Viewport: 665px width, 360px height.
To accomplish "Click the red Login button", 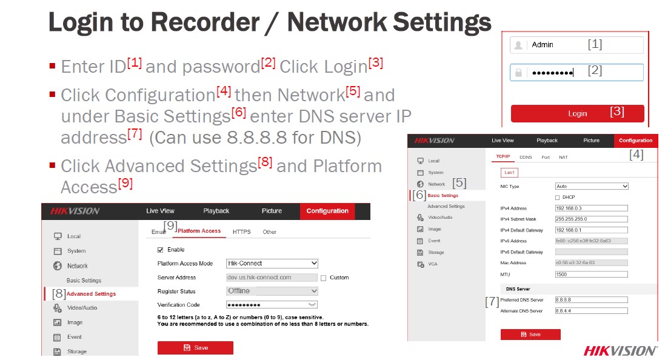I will point(576,113).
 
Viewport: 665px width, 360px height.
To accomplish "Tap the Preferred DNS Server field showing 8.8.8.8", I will point(591,300).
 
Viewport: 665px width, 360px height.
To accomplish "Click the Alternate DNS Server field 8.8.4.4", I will point(591,311).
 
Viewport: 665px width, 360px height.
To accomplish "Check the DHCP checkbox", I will point(558,198).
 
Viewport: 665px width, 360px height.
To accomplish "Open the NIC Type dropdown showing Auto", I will point(592,187).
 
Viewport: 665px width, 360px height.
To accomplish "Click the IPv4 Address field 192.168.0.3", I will point(591,208).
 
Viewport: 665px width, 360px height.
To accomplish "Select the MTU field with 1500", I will point(591,275).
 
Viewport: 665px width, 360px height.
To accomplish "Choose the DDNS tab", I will point(526,158).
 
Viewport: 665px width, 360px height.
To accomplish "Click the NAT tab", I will point(563,158).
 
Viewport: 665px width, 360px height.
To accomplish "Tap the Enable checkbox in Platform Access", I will point(161,250).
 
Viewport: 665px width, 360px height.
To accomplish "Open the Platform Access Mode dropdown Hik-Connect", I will point(272,264).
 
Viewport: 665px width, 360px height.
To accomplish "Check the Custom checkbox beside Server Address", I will point(324,278).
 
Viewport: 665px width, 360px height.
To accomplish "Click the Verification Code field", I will point(272,305).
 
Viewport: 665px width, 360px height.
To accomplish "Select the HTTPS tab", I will point(241,232).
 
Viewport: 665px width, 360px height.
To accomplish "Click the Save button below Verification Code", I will point(195,348).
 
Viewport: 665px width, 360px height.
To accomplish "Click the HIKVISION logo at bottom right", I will point(620,351).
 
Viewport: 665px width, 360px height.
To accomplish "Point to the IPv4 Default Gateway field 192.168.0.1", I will point(591,230).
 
